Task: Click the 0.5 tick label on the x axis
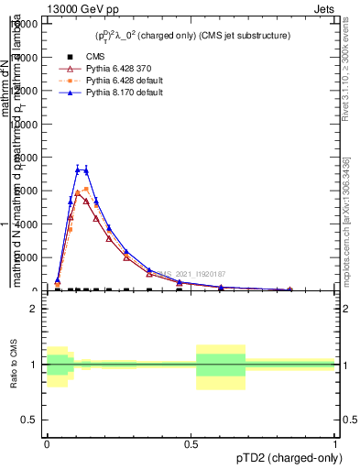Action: (x=191, y=442)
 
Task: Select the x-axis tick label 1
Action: (x=335, y=442)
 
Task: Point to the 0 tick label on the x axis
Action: (x=47, y=442)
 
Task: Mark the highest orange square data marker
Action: (x=86, y=189)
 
